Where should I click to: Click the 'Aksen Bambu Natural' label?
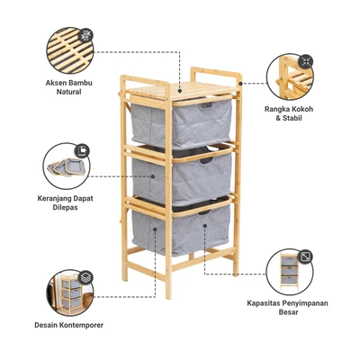click(x=68, y=87)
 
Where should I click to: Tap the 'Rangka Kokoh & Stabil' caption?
click(x=289, y=113)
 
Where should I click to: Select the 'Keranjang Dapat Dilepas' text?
click(x=66, y=202)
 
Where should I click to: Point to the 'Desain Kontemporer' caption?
click(x=69, y=325)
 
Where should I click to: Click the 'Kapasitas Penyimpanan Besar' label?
click(x=287, y=308)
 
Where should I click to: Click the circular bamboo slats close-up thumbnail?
click(x=70, y=50)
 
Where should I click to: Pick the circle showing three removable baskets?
click(x=67, y=166)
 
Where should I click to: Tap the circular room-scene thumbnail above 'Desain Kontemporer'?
click(x=70, y=292)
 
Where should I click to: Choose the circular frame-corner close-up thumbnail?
click(x=290, y=76)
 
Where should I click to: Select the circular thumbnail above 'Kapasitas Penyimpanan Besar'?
click(x=290, y=273)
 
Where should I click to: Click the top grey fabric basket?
click(x=182, y=122)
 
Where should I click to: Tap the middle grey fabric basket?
click(x=182, y=176)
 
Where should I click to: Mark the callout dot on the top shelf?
click(x=180, y=90)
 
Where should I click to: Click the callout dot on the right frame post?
click(x=240, y=84)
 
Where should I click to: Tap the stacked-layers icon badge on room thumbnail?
click(x=85, y=276)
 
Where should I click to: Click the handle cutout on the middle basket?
click(x=205, y=160)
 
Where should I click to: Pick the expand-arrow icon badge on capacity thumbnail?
click(x=306, y=256)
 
